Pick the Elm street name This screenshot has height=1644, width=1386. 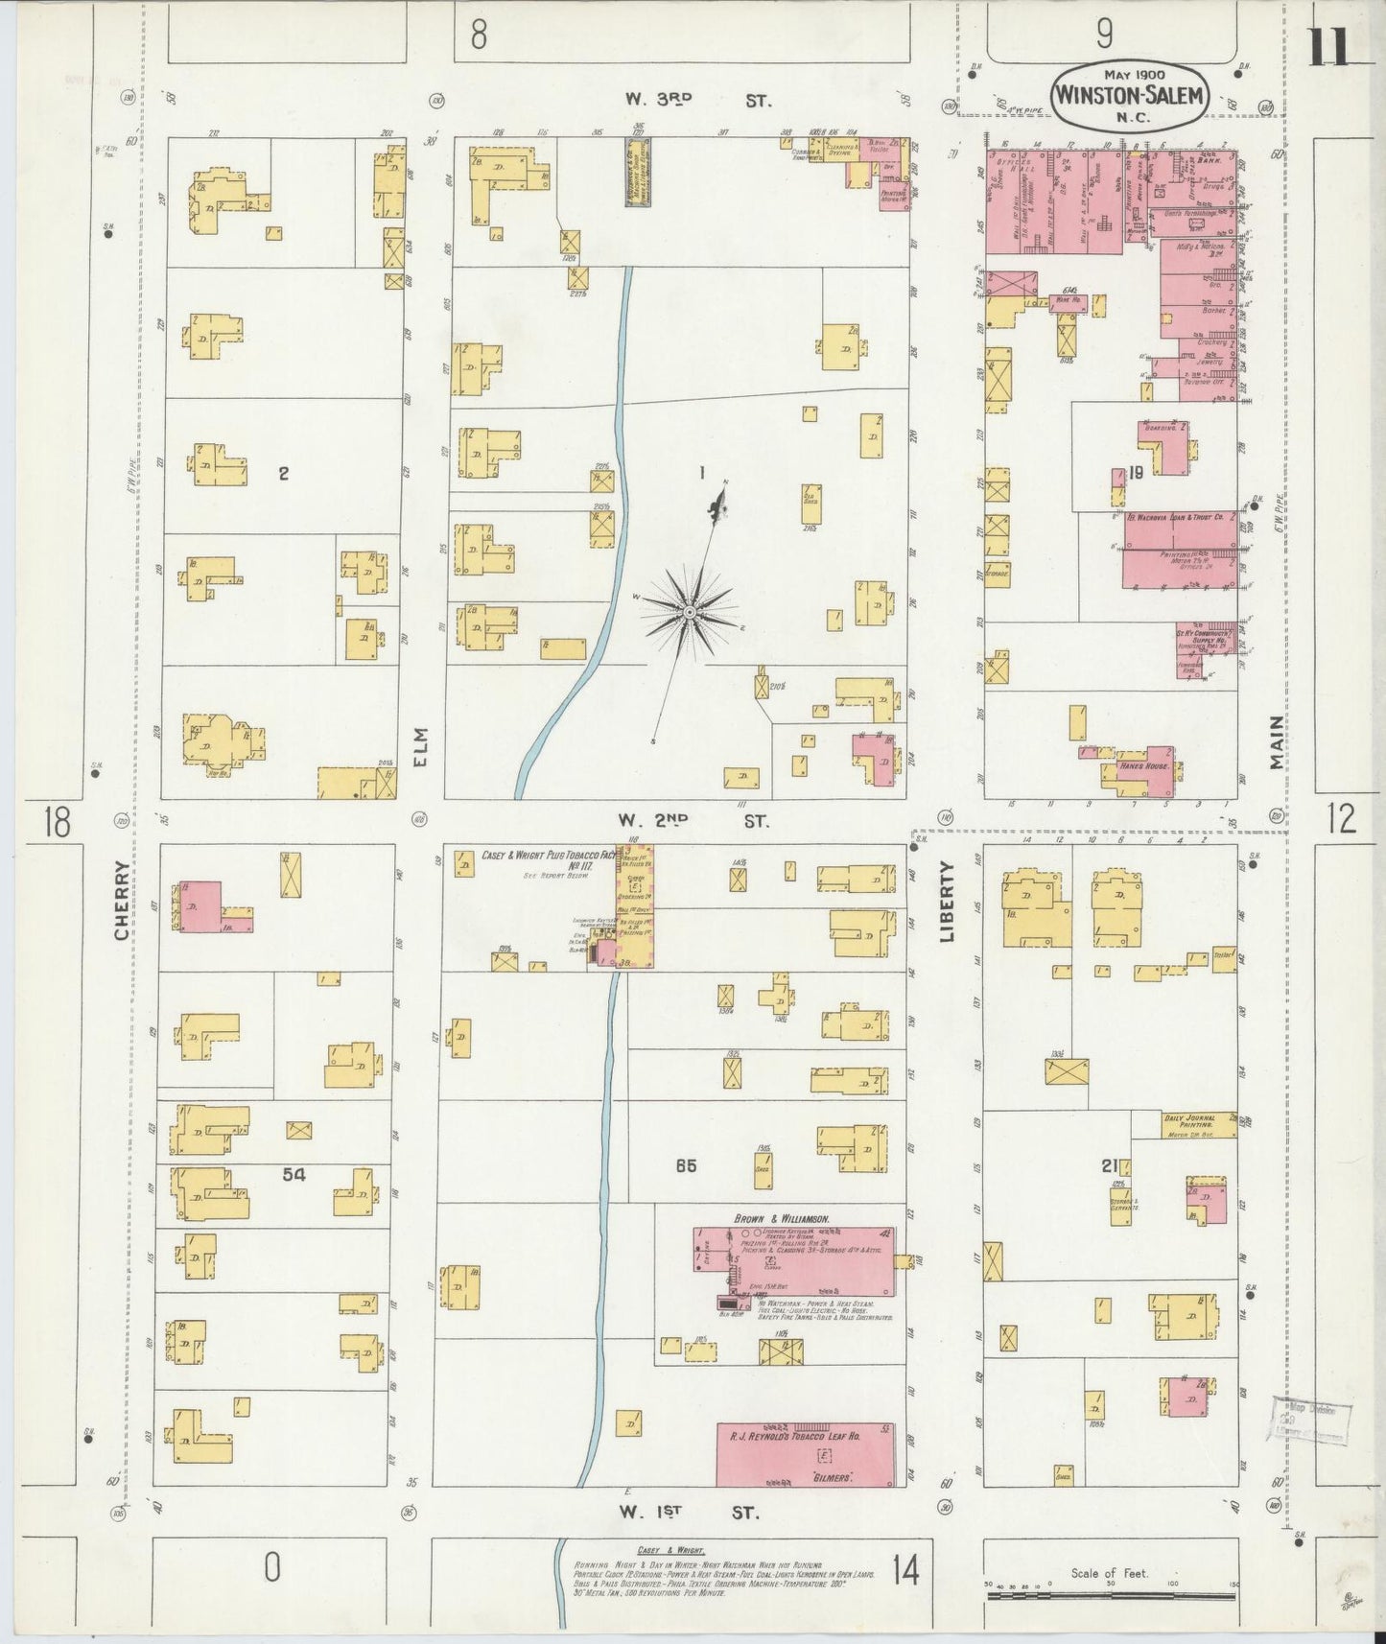[420, 747]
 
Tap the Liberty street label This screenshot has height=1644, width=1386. [948, 902]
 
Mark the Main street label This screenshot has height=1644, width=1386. [1276, 742]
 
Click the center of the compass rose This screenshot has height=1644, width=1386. [690, 611]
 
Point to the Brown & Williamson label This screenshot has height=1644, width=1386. [781, 1218]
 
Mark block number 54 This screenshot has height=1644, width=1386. [294, 1173]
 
